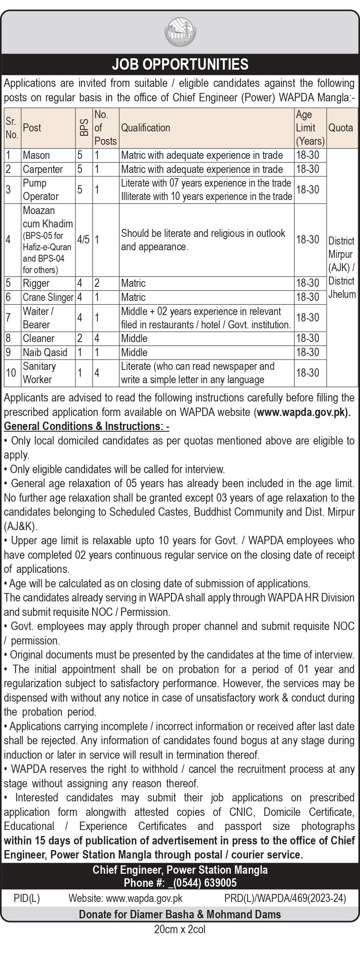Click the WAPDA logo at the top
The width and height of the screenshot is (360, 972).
180,34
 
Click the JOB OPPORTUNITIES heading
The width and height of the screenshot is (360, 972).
180,64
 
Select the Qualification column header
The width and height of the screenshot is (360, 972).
146,128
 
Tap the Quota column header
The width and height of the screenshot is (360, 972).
341,128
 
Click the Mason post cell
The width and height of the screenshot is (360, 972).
37,155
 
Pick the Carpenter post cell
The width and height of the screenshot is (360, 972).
43,169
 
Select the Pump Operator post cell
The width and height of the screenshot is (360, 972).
41,190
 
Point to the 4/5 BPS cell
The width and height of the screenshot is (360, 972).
83,240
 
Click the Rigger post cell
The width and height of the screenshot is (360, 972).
36,283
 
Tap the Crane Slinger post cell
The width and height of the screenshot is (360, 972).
48,297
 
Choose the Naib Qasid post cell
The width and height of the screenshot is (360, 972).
45,352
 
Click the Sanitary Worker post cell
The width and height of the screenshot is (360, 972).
39,373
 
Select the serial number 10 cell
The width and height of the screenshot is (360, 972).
11,373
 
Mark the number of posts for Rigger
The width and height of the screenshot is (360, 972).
97,283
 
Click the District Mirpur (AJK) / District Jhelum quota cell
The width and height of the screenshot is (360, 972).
342,267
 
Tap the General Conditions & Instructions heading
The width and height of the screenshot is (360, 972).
86,426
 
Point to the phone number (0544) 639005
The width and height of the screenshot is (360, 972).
202,883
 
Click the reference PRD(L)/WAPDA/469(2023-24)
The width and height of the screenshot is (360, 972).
285,898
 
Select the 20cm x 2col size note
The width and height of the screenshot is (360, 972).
180,930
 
